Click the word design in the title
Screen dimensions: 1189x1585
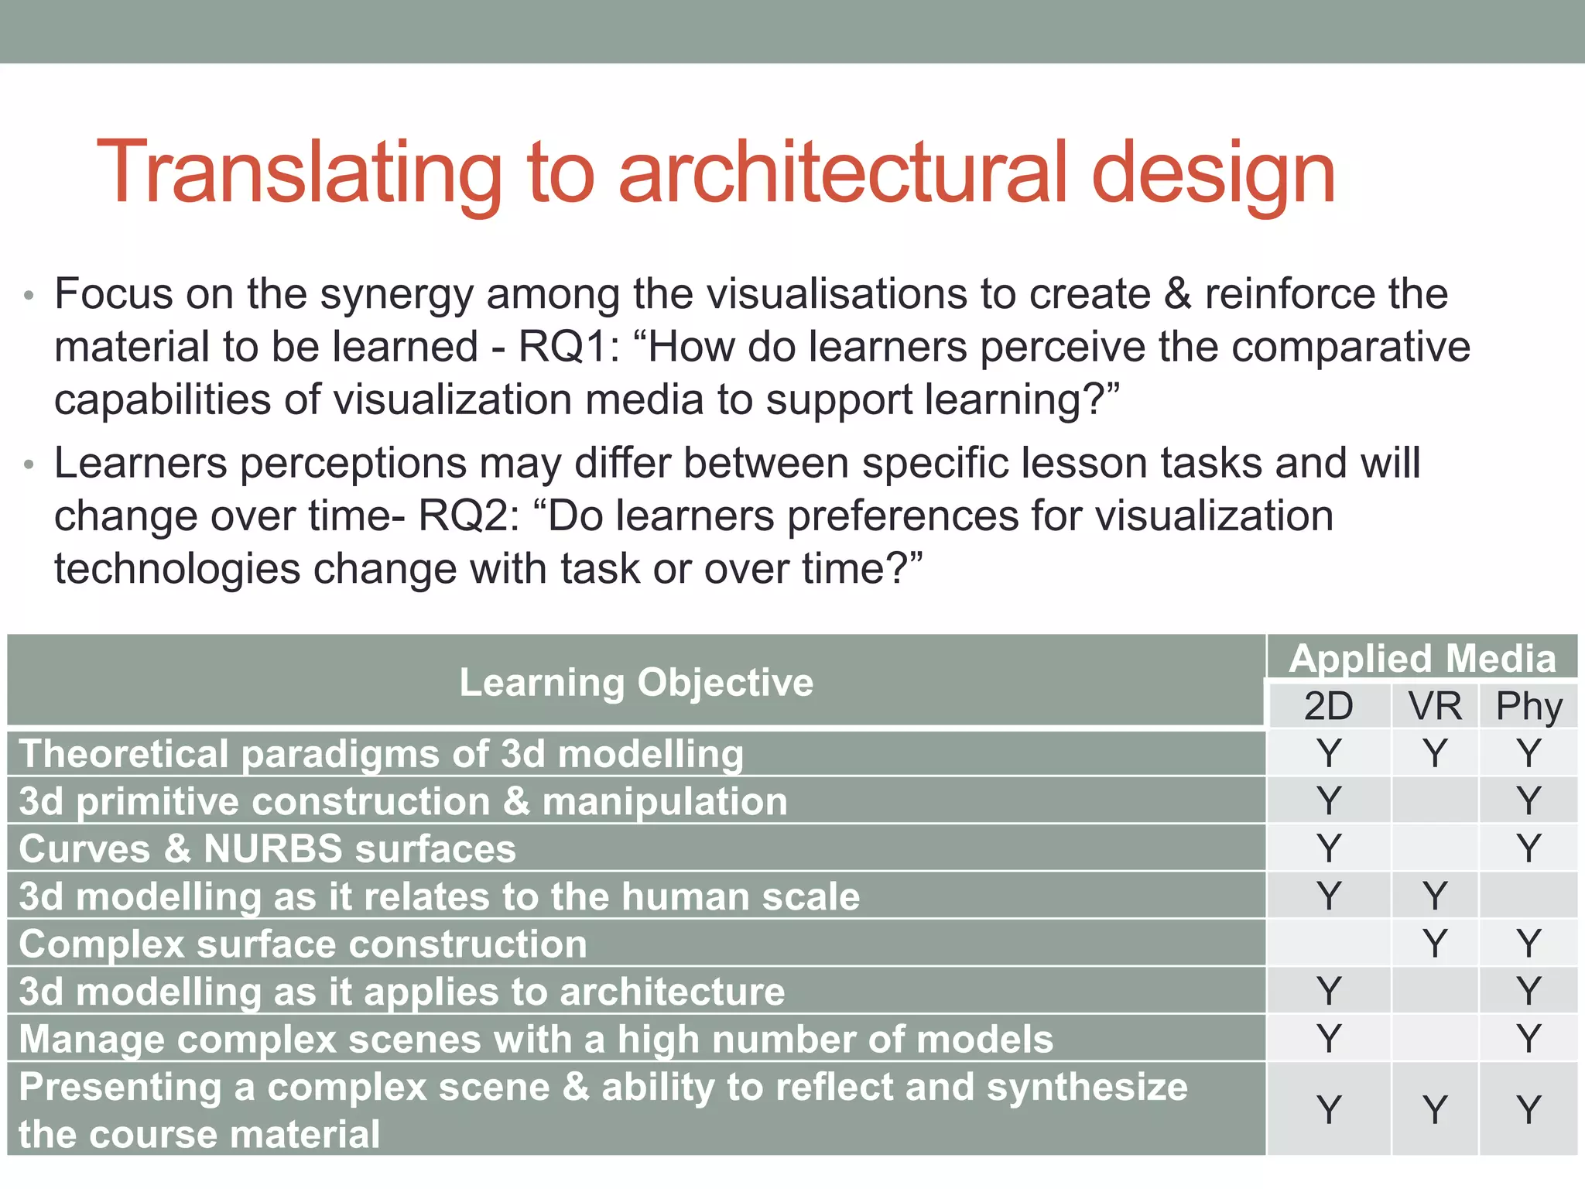click(1213, 173)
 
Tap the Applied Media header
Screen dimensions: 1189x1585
click(1422, 658)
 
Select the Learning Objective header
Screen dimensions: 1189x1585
click(636, 683)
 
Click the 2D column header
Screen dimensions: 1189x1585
click(1328, 706)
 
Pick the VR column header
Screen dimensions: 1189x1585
click(1435, 706)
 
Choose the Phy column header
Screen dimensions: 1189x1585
click(1529, 706)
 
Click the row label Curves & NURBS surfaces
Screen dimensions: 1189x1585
click(267, 848)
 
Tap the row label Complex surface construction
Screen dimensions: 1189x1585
click(303, 944)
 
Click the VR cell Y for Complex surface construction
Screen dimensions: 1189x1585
click(1435, 944)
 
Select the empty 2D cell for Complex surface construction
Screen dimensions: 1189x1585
click(1328, 944)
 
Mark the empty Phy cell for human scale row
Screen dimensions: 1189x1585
click(1529, 896)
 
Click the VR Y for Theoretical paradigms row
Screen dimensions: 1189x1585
click(1435, 753)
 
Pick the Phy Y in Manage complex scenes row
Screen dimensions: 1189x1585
click(1529, 1039)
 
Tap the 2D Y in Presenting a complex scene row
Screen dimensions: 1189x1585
click(1328, 1109)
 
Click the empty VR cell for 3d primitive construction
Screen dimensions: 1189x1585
click(1435, 801)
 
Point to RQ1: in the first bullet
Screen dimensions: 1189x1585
click(569, 347)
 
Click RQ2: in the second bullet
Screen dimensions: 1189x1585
click(469, 516)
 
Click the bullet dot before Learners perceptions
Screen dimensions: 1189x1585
click(29, 465)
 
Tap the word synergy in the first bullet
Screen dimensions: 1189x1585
click(396, 296)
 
